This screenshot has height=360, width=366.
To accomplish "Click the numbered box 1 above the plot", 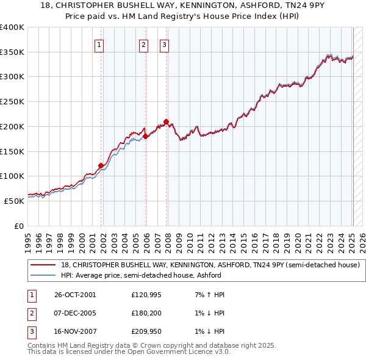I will pyautogui.click(x=98, y=44).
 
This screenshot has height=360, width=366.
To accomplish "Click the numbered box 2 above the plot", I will pyautogui.click(x=143, y=44).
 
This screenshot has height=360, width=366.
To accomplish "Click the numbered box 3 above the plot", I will pyautogui.click(x=164, y=44).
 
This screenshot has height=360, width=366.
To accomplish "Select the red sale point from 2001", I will pyautogui.click(x=101, y=165).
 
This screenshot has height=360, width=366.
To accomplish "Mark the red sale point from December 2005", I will pyautogui.click(x=146, y=136).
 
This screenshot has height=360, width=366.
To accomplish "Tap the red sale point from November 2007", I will pyautogui.click(x=167, y=121).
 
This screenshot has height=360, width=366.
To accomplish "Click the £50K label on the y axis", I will pyautogui.click(x=14, y=200).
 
